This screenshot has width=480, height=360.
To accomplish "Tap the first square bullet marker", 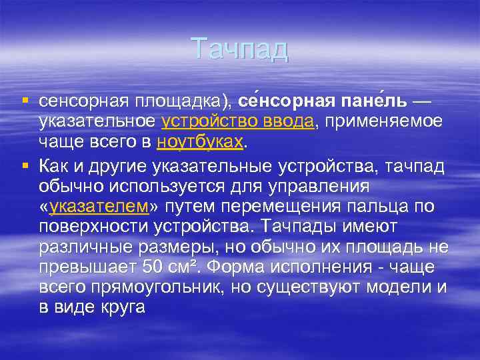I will [x=25, y=101].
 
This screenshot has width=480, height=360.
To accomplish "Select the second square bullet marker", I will [x=25, y=163].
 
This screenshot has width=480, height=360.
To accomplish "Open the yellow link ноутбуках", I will [x=201, y=143].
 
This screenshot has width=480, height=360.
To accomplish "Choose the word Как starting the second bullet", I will [x=53, y=164].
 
